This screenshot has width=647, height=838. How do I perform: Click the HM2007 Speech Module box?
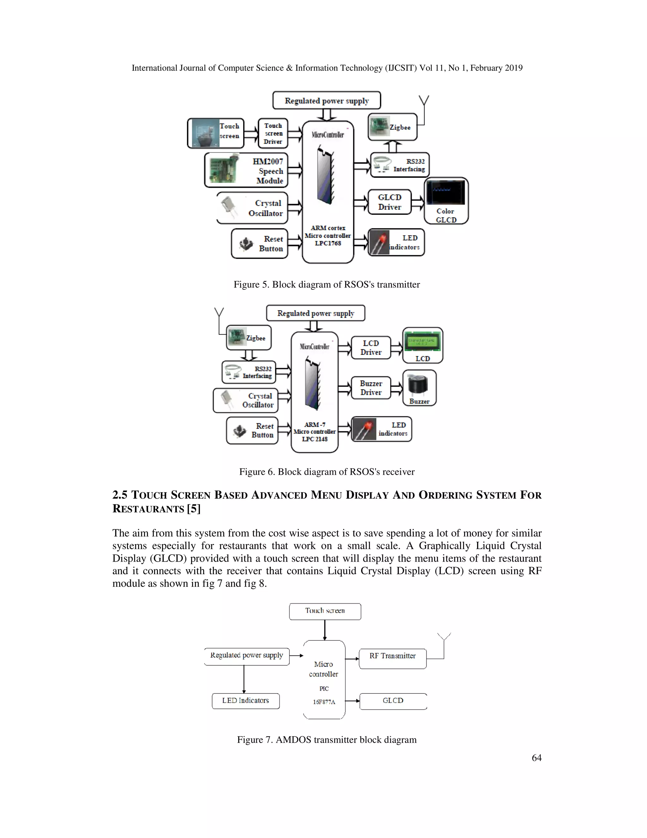[246, 170]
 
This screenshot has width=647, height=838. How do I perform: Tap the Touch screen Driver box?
[273, 133]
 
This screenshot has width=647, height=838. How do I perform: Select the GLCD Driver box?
[390, 202]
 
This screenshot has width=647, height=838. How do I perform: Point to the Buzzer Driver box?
[371, 388]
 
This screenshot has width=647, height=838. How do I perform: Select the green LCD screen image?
[423, 342]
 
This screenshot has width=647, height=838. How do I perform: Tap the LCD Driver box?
[371, 348]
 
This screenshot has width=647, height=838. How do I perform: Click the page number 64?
[536, 757]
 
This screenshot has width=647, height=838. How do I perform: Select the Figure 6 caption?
[327, 471]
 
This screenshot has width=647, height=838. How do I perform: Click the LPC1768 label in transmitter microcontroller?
[328, 243]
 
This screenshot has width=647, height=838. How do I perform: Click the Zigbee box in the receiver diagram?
[249, 338]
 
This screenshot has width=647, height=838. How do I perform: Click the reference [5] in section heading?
[194, 509]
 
